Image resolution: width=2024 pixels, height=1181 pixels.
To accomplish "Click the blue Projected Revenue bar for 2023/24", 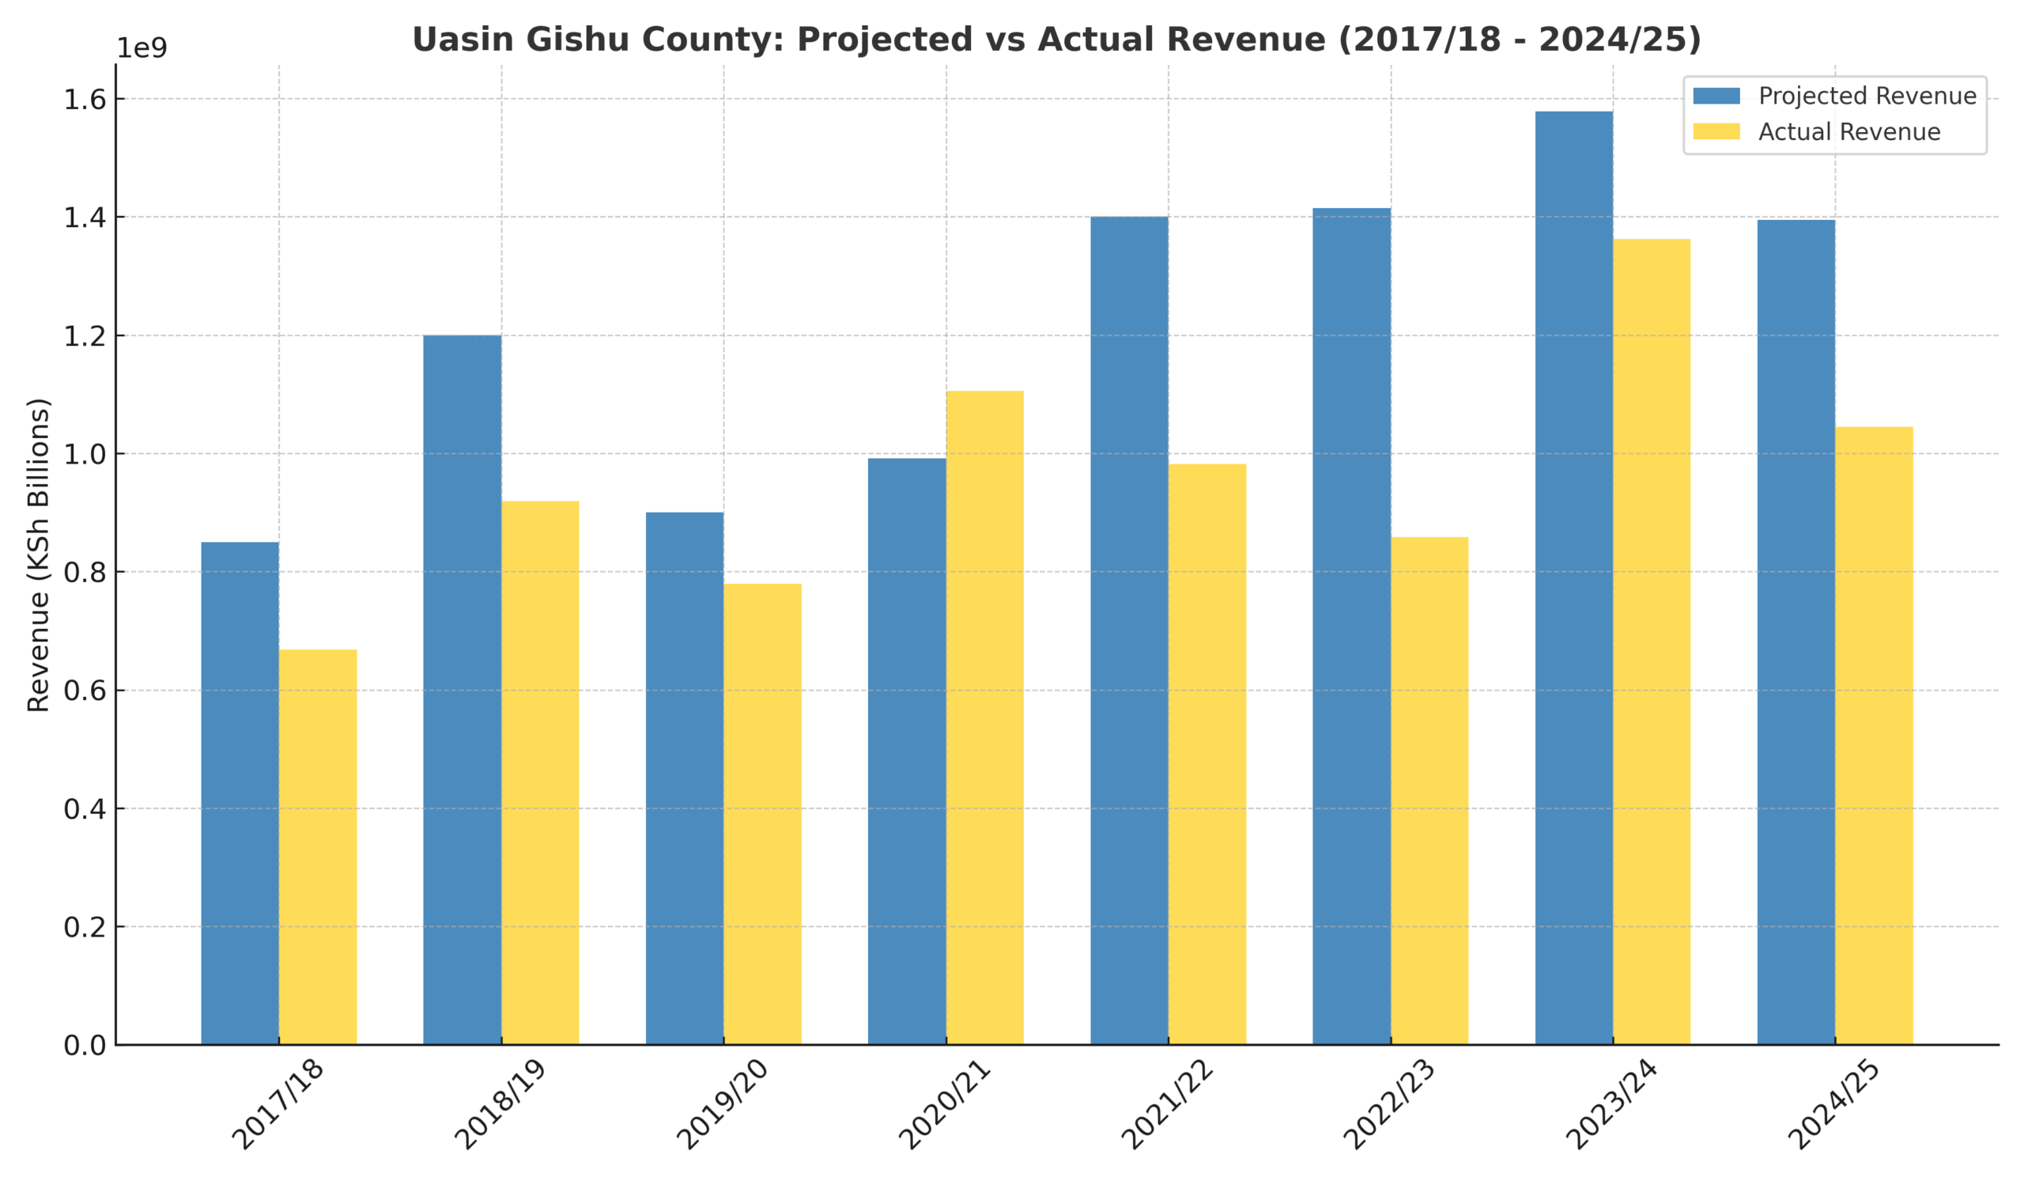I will tap(1573, 578).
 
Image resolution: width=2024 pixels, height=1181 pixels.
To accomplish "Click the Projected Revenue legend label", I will tap(1867, 97).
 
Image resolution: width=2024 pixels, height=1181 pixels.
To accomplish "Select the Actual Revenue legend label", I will tap(1849, 132).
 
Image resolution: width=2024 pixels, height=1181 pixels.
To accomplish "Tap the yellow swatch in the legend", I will tap(1716, 132).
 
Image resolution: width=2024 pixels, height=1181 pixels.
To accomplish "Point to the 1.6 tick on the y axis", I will tap(85, 100).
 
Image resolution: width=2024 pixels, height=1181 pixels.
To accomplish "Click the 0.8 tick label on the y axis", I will tap(85, 573).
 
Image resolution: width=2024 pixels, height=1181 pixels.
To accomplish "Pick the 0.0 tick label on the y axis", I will tap(85, 1045).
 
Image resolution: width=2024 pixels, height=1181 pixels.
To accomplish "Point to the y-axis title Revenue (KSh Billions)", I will tap(39, 555).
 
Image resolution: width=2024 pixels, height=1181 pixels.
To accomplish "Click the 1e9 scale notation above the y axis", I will tap(142, 48).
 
